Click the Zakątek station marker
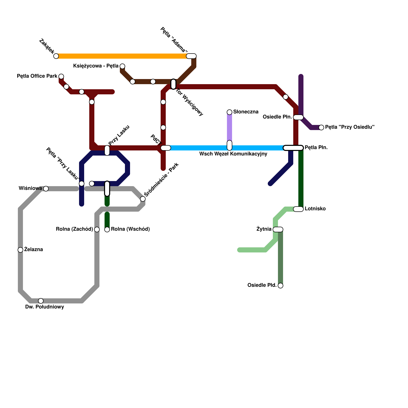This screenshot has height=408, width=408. pos(56,56)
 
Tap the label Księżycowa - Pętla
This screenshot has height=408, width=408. pos(96,66)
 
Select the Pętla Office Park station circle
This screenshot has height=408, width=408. pos(61,76)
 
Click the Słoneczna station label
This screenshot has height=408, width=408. pos(246,112)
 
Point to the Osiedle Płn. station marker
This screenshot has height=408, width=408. pos(298,117)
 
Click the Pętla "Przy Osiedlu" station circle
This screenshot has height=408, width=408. pos(321,127)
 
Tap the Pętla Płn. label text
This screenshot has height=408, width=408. pos(316,148)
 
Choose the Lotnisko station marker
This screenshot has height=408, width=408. pos(298,209)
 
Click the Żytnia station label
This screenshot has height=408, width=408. pos(264,229)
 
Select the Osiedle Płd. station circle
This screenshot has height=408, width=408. pos(280,286)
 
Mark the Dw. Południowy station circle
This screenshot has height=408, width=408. pos(41,301)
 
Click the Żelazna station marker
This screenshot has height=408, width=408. pos(20,250)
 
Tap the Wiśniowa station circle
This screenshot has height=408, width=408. pos(46,189)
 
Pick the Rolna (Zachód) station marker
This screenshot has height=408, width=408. pos(97,229)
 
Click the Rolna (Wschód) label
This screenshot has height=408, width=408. pos(130,229)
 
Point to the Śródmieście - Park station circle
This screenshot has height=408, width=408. pos(143,199)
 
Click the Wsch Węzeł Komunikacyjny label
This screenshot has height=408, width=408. pos(233,154)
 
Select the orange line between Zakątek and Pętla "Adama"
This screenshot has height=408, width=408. pos(122,56)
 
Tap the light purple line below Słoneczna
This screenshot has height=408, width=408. pos(229,127)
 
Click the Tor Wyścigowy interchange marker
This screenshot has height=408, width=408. pos(173,84)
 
